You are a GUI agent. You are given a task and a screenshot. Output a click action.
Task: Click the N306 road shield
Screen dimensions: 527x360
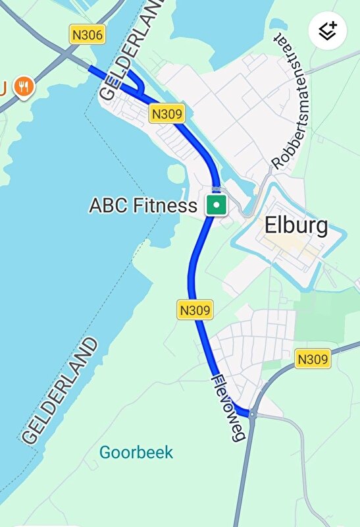(87, 35)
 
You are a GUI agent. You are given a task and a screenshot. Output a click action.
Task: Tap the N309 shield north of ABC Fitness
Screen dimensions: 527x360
(167, 113)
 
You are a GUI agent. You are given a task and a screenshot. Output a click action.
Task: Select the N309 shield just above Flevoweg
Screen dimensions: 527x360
(195, 310)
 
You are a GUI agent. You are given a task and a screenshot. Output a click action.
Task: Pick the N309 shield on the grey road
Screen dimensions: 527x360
(312, 359)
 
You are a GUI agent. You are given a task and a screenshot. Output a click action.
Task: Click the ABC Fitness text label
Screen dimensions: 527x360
(143, 206)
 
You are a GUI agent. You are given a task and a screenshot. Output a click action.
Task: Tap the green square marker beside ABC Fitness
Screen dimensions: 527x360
(217, 205)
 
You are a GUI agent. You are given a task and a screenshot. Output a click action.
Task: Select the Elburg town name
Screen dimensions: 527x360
(296, 226)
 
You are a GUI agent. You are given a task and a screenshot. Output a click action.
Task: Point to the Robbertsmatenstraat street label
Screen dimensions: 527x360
(294, 100)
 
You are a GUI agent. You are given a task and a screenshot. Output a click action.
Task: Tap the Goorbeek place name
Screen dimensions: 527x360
(136, 453)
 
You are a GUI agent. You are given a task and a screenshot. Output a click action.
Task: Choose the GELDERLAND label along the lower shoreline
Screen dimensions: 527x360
(59, 391)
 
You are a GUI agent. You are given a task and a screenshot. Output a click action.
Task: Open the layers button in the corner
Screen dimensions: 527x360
(328, 31)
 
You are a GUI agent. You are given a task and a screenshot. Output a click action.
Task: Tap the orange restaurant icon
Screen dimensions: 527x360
(24, 86)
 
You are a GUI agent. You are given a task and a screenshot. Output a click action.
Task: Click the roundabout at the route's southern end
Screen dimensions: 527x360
(252, 414)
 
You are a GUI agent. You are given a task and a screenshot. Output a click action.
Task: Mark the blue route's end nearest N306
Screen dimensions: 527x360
(91, 69)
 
